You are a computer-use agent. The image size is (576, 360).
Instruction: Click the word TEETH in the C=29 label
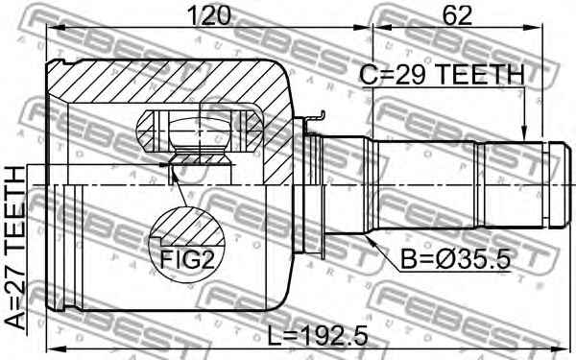point(483,74)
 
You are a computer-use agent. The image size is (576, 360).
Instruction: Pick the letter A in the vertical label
point(17,322)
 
